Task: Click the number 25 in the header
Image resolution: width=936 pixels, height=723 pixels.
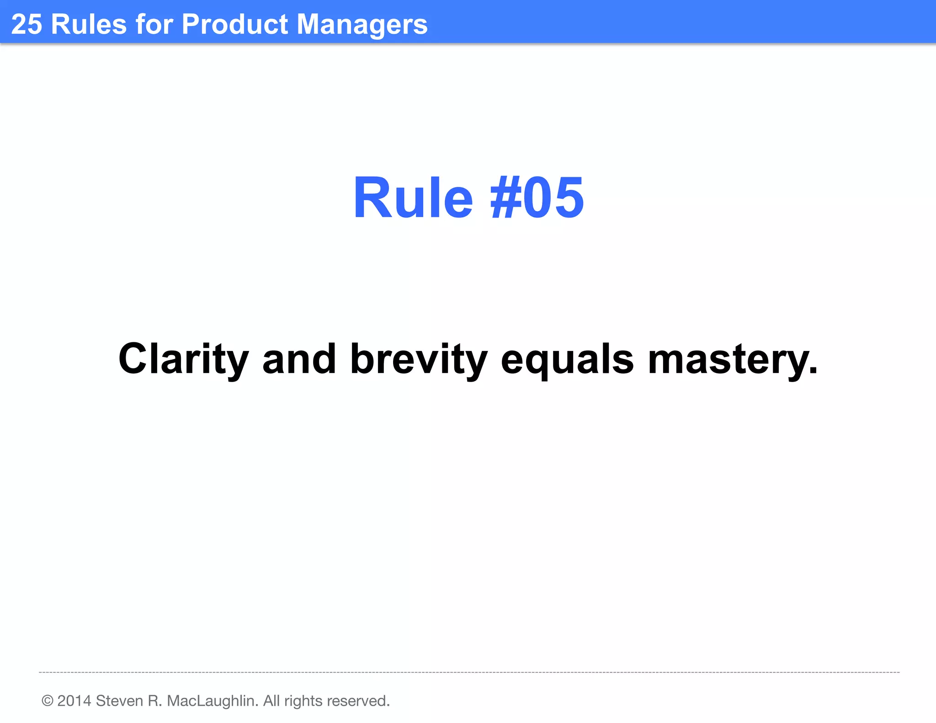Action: coord(27,24)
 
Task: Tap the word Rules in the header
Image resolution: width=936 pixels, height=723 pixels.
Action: coord(89,24)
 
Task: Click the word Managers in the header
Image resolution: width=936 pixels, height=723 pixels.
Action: coord(362,25)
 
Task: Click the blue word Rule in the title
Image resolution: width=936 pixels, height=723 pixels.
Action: coord(413,198)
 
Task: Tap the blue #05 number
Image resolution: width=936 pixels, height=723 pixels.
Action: coord(537,198)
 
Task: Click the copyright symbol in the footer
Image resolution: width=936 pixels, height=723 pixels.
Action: coord(47,701)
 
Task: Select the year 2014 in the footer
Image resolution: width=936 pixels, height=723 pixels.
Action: coord(74,701)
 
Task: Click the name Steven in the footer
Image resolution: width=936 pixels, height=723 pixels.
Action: coord(119,701)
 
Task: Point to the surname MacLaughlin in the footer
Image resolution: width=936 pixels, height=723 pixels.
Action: coord(212,701)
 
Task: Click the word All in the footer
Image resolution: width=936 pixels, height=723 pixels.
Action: coord(271,701)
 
